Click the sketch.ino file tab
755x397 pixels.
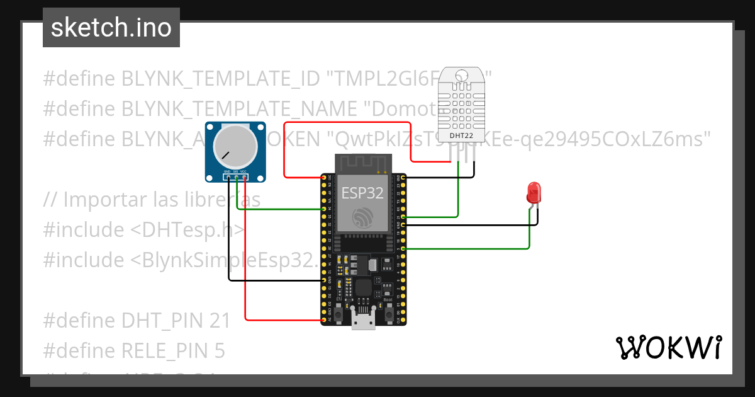coord(111,28)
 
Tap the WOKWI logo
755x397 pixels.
coord(668,348)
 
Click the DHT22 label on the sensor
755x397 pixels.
coord(461,135)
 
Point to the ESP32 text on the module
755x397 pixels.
coord(362,192)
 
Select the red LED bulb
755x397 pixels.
coord(534,192)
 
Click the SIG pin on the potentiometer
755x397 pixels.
coord(236,178)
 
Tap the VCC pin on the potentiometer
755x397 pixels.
coord(244,178)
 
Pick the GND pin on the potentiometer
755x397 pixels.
coord(228,178)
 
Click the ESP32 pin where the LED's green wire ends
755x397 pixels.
coord(403,249)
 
